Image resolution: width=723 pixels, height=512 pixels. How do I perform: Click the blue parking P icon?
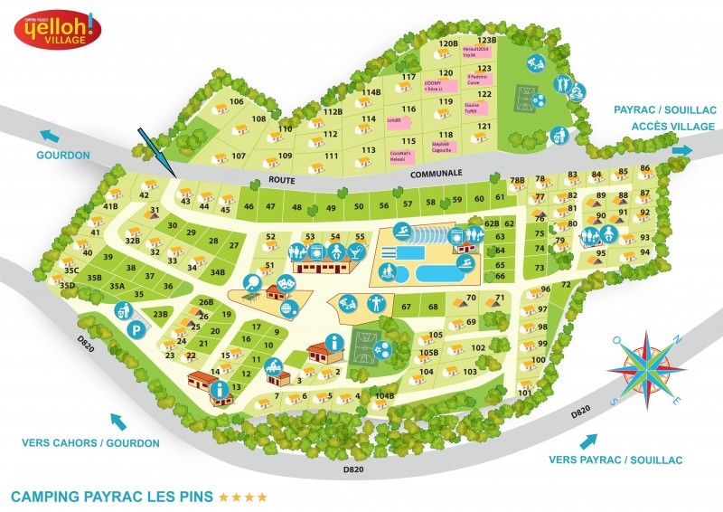(136, 329)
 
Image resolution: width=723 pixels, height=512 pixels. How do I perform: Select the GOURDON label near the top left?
(62, 155)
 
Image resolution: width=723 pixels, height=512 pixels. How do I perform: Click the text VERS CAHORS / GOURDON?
(90, 443)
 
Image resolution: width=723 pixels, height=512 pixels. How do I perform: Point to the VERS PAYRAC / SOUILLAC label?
(615, 460)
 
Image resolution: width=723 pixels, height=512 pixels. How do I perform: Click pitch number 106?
(237, 101)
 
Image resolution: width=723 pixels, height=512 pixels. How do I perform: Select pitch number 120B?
(448, 43)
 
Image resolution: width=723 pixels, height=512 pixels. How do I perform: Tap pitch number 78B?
(517, 181)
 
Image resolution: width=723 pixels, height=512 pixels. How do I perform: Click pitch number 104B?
(385, 395)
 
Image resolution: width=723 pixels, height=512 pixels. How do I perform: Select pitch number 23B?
(160, 313)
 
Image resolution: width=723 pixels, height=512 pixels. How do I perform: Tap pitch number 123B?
(488, 40)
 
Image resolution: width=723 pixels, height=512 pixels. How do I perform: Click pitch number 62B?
(492, 223)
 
